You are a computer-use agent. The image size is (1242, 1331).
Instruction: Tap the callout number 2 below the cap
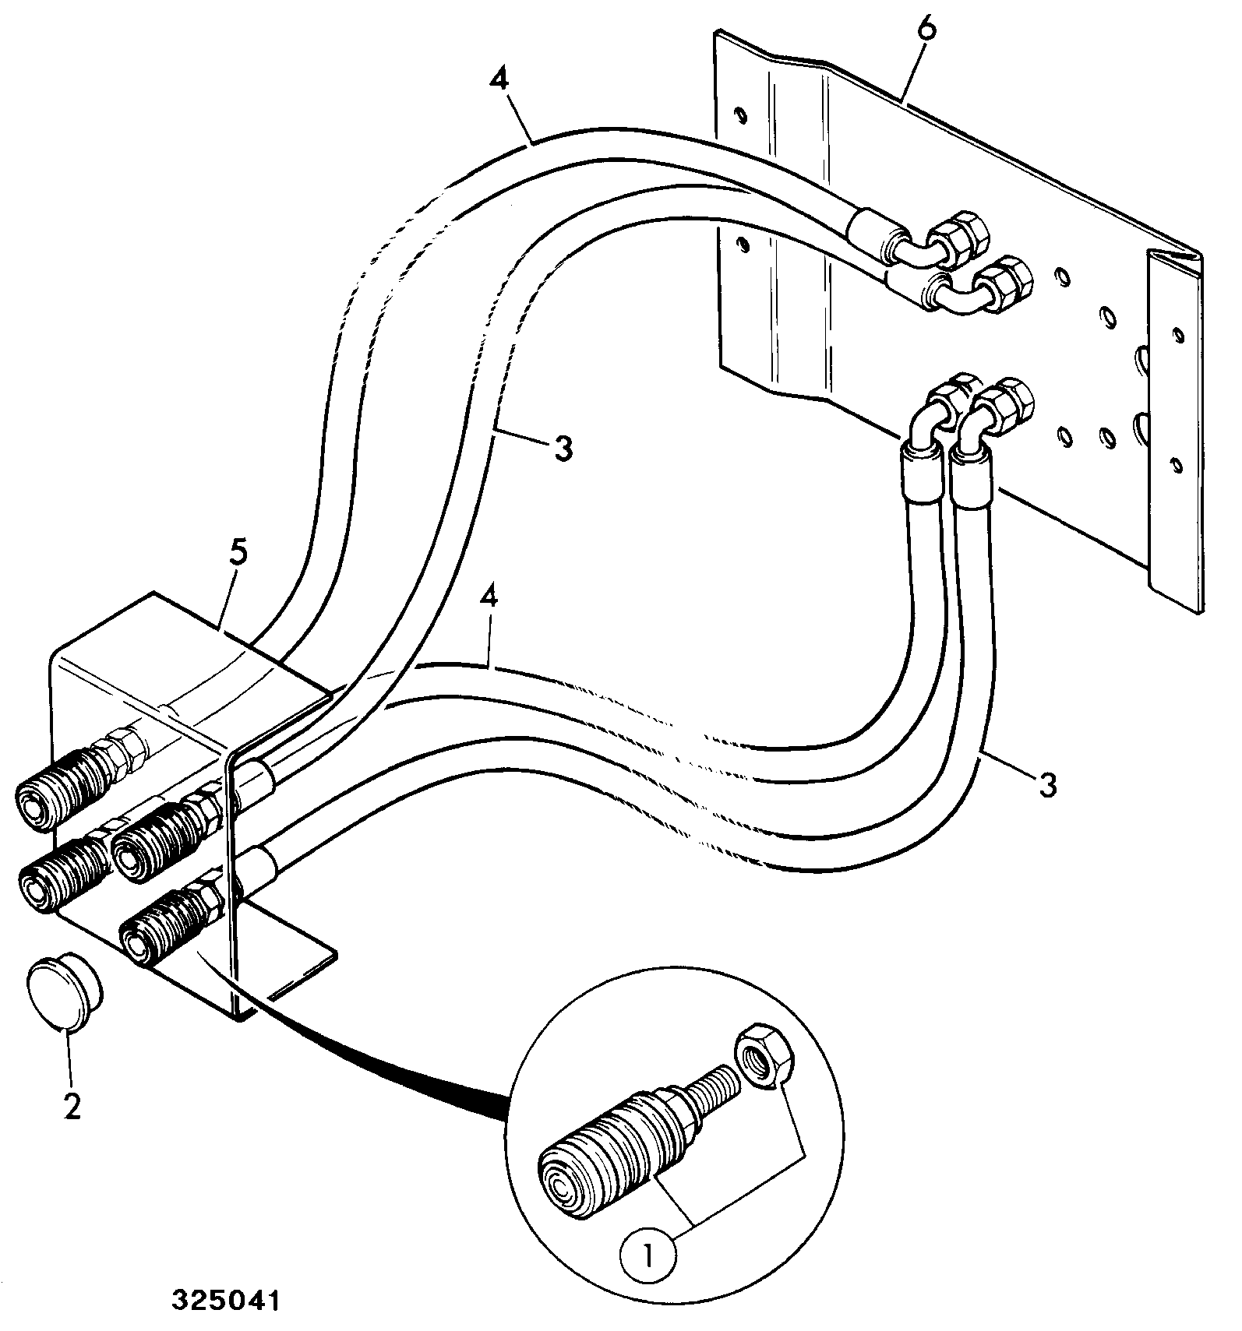point(72,1104)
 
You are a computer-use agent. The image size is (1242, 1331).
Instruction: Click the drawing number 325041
point(226,1301)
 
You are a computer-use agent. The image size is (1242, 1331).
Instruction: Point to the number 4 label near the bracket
point(489,600)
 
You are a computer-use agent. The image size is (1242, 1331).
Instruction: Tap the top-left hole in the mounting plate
point(741,114)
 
